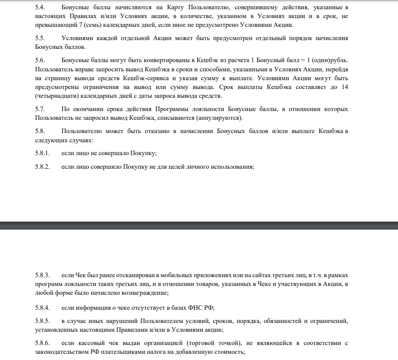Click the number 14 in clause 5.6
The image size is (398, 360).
(x=345, y=87)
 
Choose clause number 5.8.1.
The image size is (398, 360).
(x=43, y=153)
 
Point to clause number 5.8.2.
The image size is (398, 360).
(x=43, y=167)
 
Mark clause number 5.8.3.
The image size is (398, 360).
(x=43, y=275)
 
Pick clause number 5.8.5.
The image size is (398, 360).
(x=43, y=321)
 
